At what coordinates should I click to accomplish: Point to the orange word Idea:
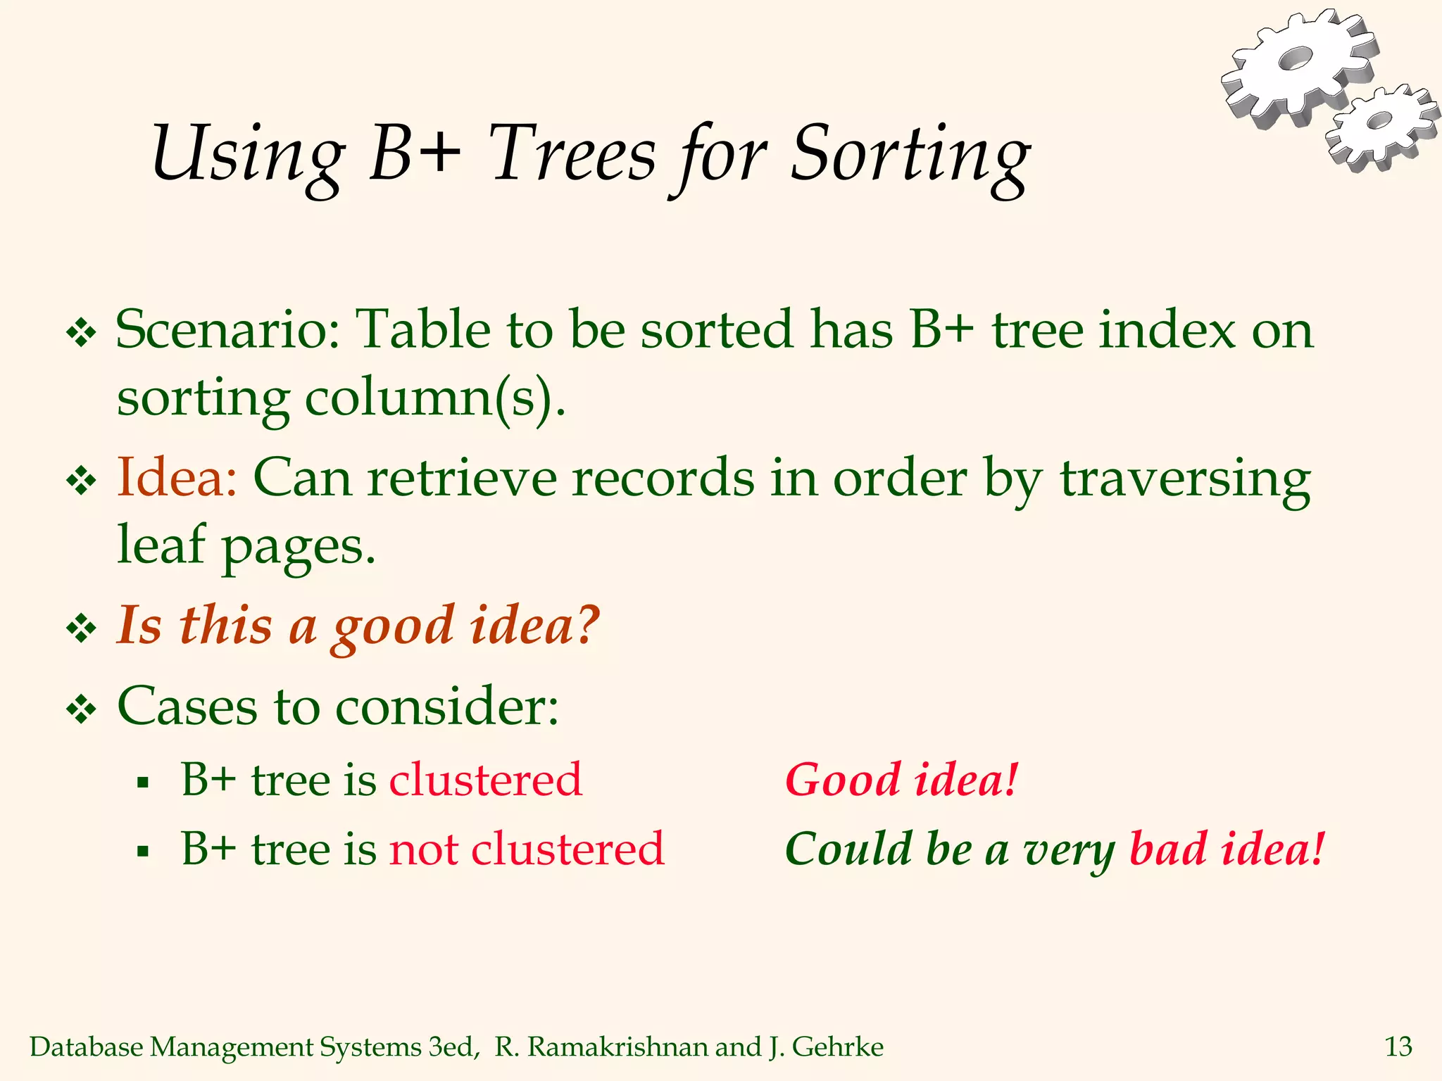click(176, 479)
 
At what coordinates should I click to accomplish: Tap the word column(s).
click(433, 399)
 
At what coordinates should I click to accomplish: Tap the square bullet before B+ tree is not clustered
click(143, 851)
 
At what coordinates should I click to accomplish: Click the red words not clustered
click(526, 849)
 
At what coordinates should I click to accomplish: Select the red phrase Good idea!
click(901, 780)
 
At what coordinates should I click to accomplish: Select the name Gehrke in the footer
click(837, 1047)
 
